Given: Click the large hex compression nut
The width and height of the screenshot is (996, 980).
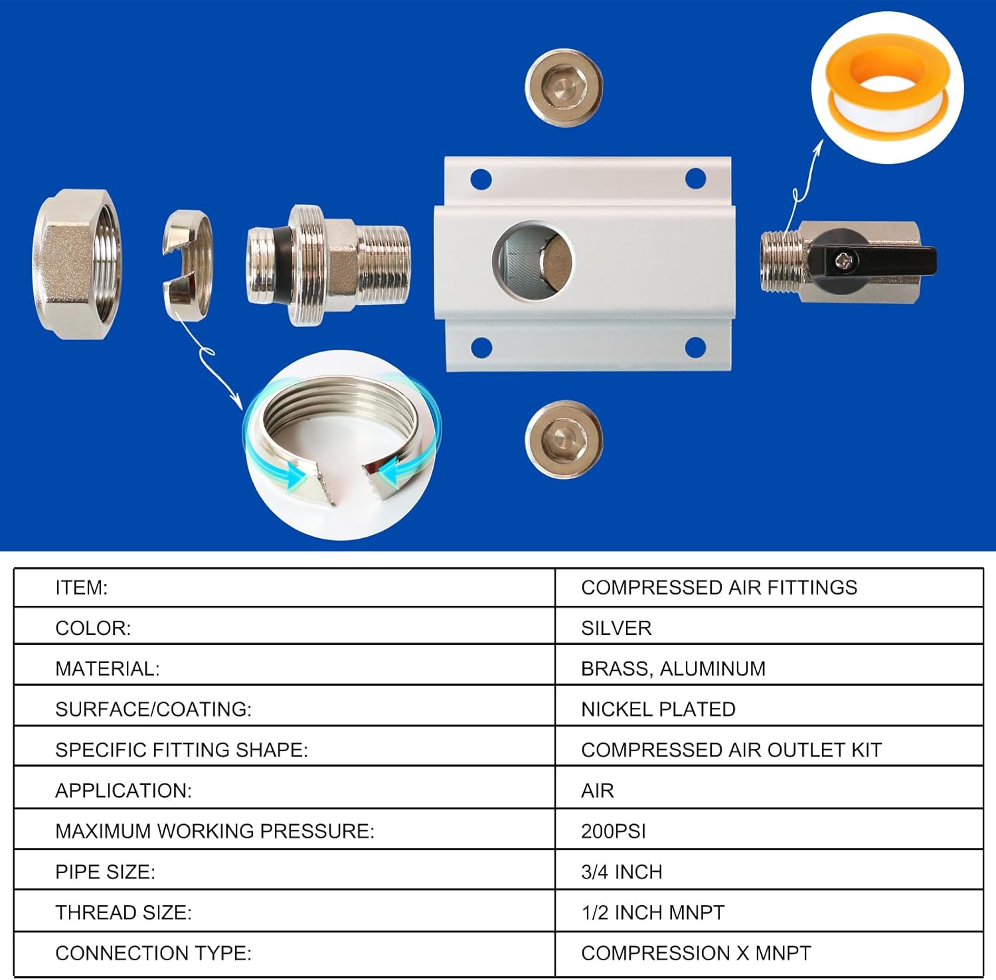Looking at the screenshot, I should coord(76,264).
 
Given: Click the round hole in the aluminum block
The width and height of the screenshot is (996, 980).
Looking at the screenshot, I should coord(533,261).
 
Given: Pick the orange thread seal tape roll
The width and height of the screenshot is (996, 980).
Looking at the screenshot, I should coord(887,87).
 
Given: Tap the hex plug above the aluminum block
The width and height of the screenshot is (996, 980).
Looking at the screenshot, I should coord(564,88).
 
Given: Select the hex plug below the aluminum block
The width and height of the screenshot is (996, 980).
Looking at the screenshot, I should coord(564,439).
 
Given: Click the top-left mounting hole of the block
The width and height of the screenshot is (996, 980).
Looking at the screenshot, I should coord(481,179).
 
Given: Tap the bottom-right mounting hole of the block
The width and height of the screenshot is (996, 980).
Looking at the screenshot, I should coord(695,346).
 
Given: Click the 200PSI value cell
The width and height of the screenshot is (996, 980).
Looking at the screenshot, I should coord(613,831).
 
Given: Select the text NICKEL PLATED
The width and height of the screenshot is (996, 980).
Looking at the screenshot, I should coord(658,709).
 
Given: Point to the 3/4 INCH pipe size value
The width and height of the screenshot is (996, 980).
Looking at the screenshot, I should coord(622,872).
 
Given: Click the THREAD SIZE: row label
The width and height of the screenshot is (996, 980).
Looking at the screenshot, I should coord(124,912).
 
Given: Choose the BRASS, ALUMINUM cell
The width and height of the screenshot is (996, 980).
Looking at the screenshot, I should coord(673,668).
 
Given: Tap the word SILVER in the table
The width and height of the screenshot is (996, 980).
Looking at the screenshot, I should coord(616,628).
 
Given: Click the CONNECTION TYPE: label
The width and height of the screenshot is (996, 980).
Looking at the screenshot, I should coord(153,953).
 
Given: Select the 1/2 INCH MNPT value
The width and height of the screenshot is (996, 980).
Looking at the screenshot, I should coord(653,912).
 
